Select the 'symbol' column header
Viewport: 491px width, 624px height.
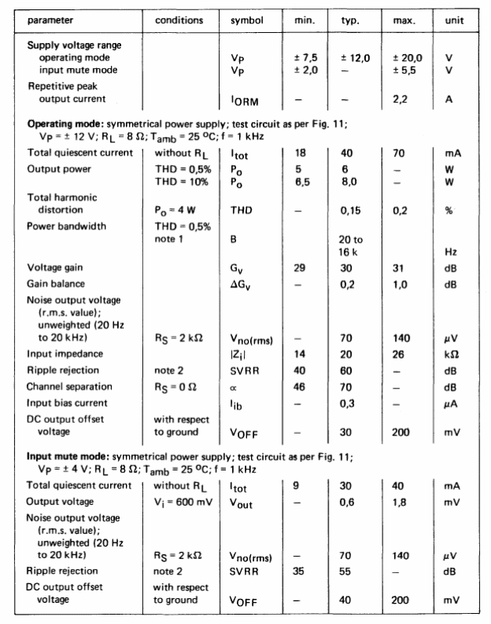(246, 19)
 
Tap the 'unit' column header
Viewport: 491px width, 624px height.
(454, 19)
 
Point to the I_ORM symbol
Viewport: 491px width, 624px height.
(244, 99)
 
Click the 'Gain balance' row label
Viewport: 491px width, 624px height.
(56, 283)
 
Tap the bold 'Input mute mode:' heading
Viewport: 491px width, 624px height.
(67, 456)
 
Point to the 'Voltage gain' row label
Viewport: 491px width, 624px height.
(56, 267)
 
